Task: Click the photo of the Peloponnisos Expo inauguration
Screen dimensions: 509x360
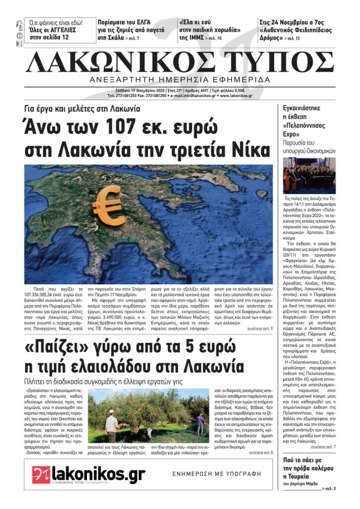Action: click(309, 175)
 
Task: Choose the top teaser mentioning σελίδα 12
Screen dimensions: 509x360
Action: click(57, 29)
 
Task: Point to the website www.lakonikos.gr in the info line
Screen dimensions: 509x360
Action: click(237, 95)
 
